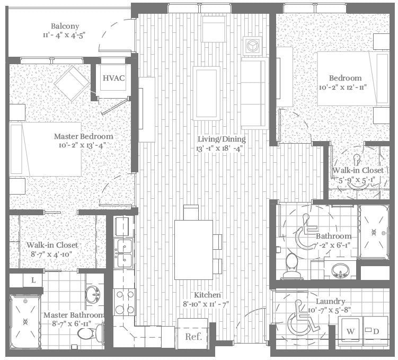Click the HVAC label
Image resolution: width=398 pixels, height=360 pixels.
click(113, 78)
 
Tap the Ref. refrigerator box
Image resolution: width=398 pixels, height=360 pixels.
click(192, 336)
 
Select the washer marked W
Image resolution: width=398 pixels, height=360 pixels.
click(350, 331)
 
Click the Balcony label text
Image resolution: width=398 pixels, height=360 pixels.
click(65, 26)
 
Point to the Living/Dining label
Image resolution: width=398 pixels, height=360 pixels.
click(219, 139)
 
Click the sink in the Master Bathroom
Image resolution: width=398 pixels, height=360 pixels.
click(93, 293)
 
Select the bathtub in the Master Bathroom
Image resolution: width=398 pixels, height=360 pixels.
click(25, 321)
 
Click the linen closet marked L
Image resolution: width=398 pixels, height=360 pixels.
click(33, 279)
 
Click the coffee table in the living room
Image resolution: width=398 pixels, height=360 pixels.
click(206, 93)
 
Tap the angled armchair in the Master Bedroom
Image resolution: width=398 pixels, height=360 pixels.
click(72, 83)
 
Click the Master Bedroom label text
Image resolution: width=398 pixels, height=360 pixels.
click(83, 136)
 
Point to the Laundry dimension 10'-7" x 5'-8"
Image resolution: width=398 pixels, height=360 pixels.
click(330, 310)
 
